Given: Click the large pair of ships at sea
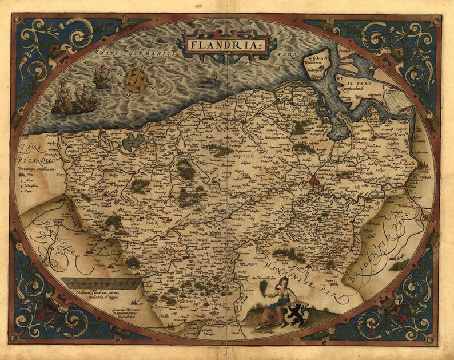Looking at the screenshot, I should coord(73,100).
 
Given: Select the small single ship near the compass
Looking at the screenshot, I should coord(102,77).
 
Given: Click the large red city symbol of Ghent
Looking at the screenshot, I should coord(314,183).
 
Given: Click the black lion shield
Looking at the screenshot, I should coord(298,314).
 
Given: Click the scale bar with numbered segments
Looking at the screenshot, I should coord(101,283).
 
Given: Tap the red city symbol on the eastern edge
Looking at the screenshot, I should coord(424,167).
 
